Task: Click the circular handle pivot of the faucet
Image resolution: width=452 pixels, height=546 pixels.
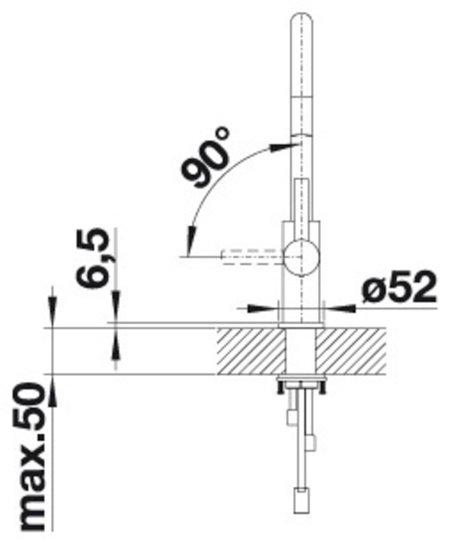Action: pyautogui.click(x=301, y=257)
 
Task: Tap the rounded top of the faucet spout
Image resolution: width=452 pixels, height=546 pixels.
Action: pyautogui.click(x=301, y=22)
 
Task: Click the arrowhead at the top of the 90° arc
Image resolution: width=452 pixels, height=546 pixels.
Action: pyautogui.click(x=282, y=147)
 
